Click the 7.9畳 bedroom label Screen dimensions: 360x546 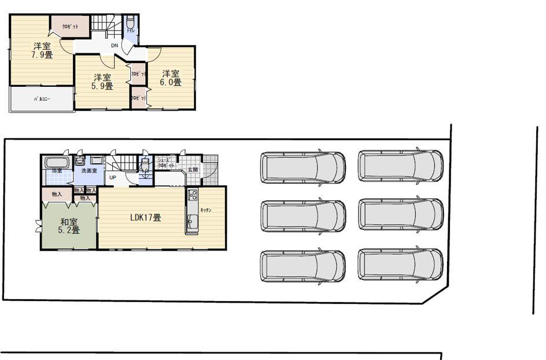[x=42, y=50]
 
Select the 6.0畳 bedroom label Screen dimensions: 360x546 [x=171, y=78]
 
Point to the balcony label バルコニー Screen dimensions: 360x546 [x=42, y=100]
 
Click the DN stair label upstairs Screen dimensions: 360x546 [x=115, y=45]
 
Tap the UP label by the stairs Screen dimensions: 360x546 [x=112, y=177]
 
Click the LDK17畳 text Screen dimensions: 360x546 [x=145, y=218]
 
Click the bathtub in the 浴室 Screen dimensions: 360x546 [x=56, y=161]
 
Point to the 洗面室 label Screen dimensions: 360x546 [x=89, y=171]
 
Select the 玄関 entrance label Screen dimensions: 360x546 [x=193, y=170]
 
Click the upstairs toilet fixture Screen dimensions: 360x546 [x=131, y=24]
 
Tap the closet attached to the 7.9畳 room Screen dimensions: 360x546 [x=71, y=27]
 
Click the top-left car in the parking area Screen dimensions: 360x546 [x=302, y=167]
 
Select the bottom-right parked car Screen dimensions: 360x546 [x=400, y=265]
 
